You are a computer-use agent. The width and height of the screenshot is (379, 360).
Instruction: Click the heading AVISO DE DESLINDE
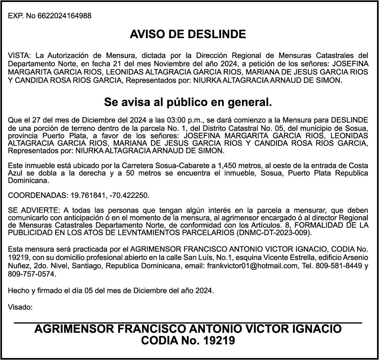(x=188, y=34)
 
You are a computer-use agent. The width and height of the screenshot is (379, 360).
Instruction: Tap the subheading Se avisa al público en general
(x=188, y=103)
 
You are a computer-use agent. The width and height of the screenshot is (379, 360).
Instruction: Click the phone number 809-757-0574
(x=32, y=274)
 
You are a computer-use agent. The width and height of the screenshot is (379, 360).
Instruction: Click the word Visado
(x=20, y=307)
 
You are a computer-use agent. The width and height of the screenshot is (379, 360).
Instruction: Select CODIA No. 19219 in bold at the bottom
(x=188, y=341)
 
